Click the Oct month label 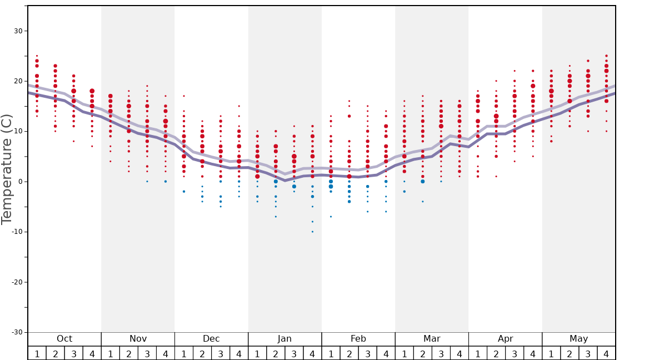click(64, 339)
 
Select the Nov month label click(138, 339)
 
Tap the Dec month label click(211, 339)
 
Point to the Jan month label click(284, 339)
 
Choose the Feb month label click(358, 339)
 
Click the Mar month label click(432, 339)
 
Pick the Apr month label click(505, 339)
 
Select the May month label click(578, 339)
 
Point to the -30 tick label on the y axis click(17, 332)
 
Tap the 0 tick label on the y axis click(20, 182)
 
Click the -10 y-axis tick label click(17, 232)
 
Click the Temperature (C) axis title click(7, 169)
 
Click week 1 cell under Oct click(37, 353)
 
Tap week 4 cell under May click(606, 353)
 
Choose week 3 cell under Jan click(294, 353)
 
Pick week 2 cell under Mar click(422, 353)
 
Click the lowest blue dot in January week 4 click(312, 232)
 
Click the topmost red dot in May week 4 click(606, 56)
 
